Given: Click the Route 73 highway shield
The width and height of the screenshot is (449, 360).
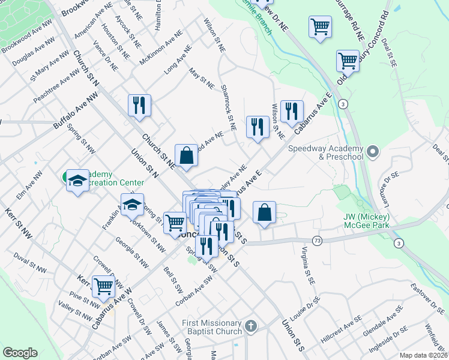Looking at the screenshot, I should (x=317, y=240).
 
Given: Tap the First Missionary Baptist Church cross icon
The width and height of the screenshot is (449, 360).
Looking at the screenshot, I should (x=251, y=326).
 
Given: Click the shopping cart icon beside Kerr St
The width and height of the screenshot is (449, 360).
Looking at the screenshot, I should (x=103, y=286).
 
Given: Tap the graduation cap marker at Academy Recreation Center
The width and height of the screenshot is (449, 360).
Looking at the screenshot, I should (x=77, y=180).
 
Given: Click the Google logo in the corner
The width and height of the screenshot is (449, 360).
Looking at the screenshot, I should (x=20, y=353).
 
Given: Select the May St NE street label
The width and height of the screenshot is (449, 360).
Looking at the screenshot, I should (x=202, y=79).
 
